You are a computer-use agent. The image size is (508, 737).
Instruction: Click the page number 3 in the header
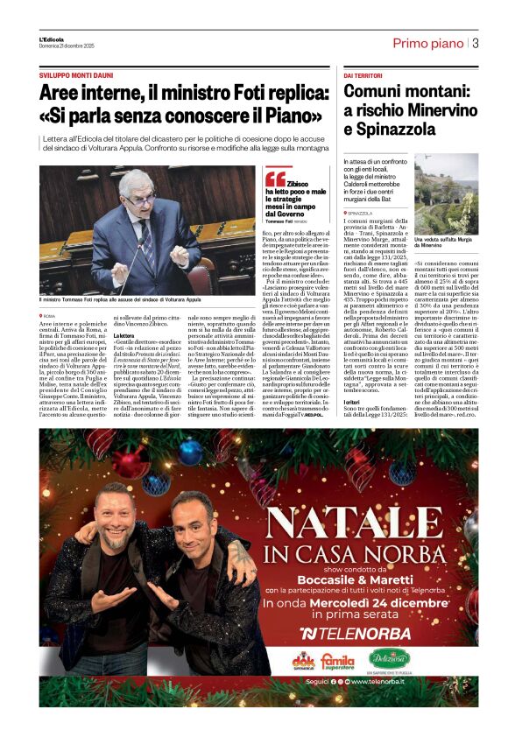tap(475, 43)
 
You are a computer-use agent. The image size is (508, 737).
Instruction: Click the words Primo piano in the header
tap(427, 43)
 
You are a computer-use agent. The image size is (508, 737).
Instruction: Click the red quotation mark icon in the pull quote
tap(274, 179)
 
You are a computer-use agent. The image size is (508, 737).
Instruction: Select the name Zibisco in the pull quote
tap(298, 184)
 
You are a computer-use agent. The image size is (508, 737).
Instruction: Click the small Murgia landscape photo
tap(446, 193)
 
